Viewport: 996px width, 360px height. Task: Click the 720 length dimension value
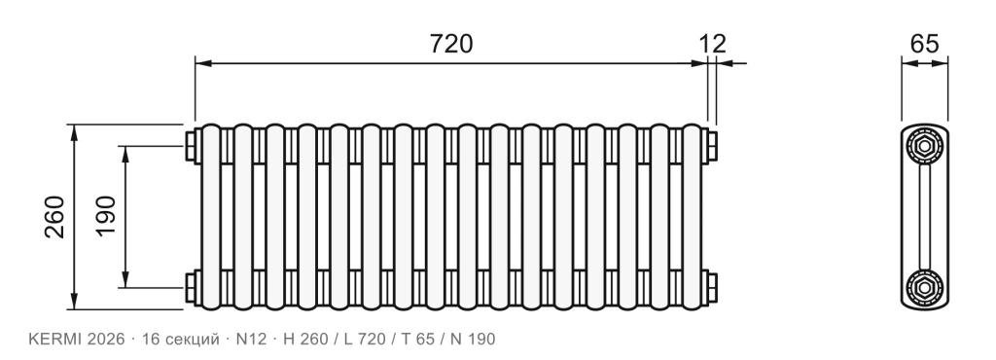[451, 44]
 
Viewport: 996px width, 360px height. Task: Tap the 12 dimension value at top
[712, 44]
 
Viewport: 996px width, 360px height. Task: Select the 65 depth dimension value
[924, 44]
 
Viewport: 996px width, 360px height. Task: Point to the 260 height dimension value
[54, 217]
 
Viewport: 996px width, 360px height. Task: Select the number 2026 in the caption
[106, 339]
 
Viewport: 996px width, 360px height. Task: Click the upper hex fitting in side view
[925, 147]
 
